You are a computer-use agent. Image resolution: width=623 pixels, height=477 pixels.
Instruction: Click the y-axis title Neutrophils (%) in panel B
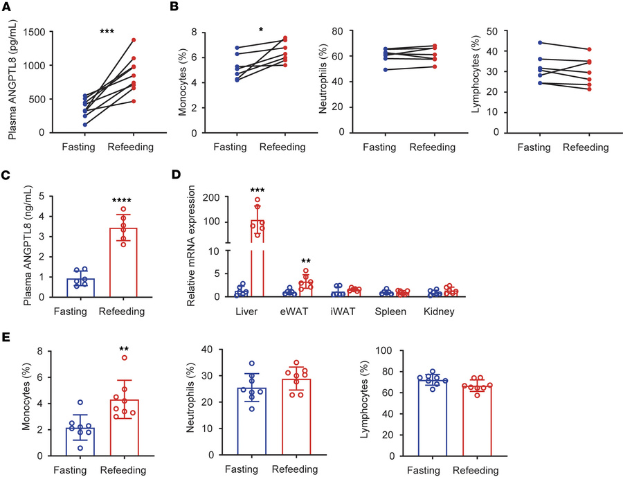click(x=327, y=71)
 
